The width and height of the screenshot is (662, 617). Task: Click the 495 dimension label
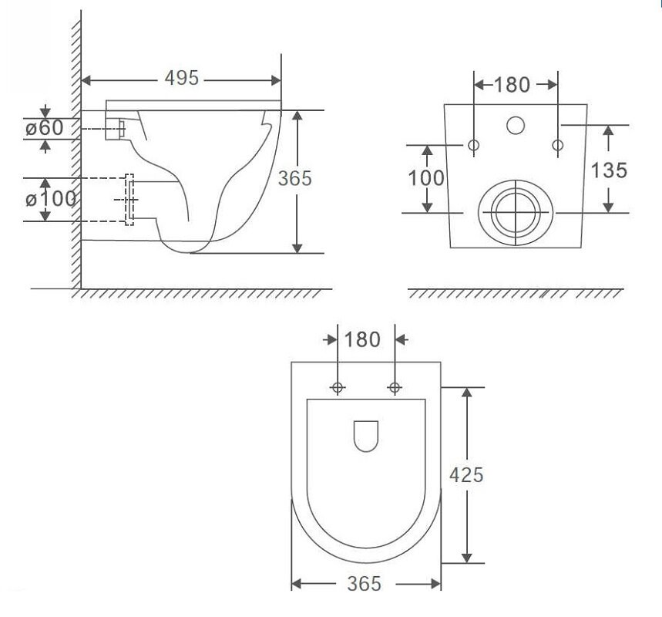(x=182, y=78)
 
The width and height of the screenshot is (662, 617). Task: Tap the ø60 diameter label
(x=45, y=127)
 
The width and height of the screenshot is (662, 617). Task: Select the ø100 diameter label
(x=51, y=199)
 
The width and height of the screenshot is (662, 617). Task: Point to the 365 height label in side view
(x=294, y=178)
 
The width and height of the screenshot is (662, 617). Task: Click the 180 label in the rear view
(x=511, y=85)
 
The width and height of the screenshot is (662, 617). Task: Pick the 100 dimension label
(x=426, y=178)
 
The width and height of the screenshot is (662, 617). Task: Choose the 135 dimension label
(x=609, y=170)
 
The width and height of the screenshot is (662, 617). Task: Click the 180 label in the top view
(x=363, y=339)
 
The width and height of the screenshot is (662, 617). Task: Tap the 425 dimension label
(x=466, y=475)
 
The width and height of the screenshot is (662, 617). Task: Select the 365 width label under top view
(x=364, y=584)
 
